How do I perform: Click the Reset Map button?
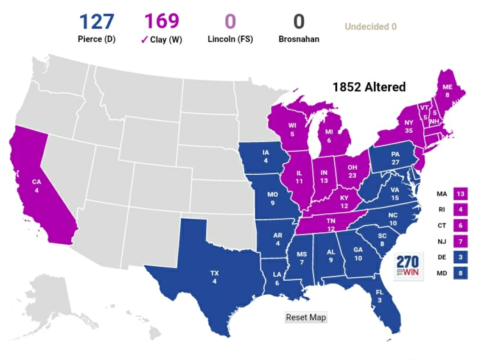(306, 317)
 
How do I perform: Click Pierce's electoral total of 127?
(96, 22)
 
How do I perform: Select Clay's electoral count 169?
(161, 22)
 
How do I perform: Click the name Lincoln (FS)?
(229, 40)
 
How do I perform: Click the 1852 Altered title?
(368, 87)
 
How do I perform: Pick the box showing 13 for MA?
(461, 194)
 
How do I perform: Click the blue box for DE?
(461, 258)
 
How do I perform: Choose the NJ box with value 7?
(461, 242)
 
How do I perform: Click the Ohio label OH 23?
(352, 171)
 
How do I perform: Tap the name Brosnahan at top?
(298, 40)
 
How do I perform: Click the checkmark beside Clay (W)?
(144, 40)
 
